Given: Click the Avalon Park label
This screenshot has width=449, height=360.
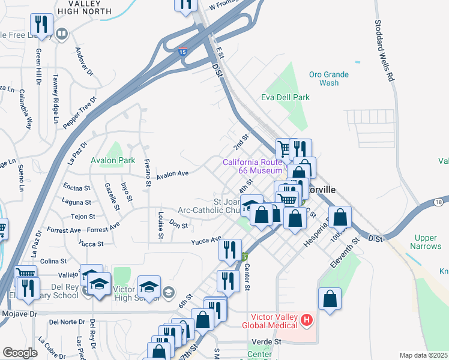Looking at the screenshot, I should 113,161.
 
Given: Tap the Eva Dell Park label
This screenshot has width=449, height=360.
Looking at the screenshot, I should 285,97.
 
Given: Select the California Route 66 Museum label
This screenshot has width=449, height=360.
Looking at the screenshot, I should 252,167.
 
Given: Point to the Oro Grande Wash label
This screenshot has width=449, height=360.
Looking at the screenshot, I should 328,79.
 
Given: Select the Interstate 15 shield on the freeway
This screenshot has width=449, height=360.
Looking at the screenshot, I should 182,53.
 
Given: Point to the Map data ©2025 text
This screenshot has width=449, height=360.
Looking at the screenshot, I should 423,355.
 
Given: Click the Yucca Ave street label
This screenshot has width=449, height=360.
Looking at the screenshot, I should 206,240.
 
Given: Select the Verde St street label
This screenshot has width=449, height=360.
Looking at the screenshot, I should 270,341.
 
